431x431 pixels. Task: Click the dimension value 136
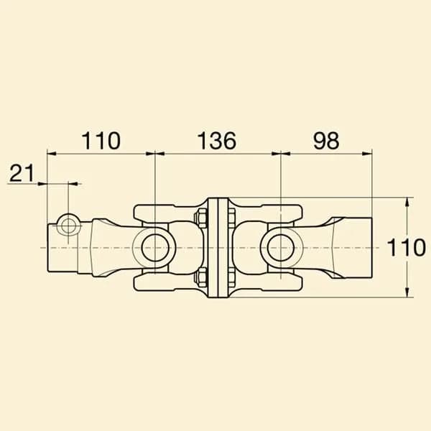pyautogui.click(x=217, y=141)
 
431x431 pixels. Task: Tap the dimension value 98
pyautogui.click(x=326, y=141)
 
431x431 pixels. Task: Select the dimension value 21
pyautogui.click(x=22, y=173)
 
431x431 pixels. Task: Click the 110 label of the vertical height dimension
pyautogui.click(x=406, y=247)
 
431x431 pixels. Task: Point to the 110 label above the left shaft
pyautogui.click(x=101, y=141)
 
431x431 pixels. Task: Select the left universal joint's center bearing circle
pyautogui.click(x=155, y=248)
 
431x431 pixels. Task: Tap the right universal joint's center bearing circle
pyautogui.click(x=281, y=248)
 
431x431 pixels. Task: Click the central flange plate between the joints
pyautogui.click(x=218, y=247)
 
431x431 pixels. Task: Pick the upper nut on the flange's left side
pyautogui.click(x=202, y=218)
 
